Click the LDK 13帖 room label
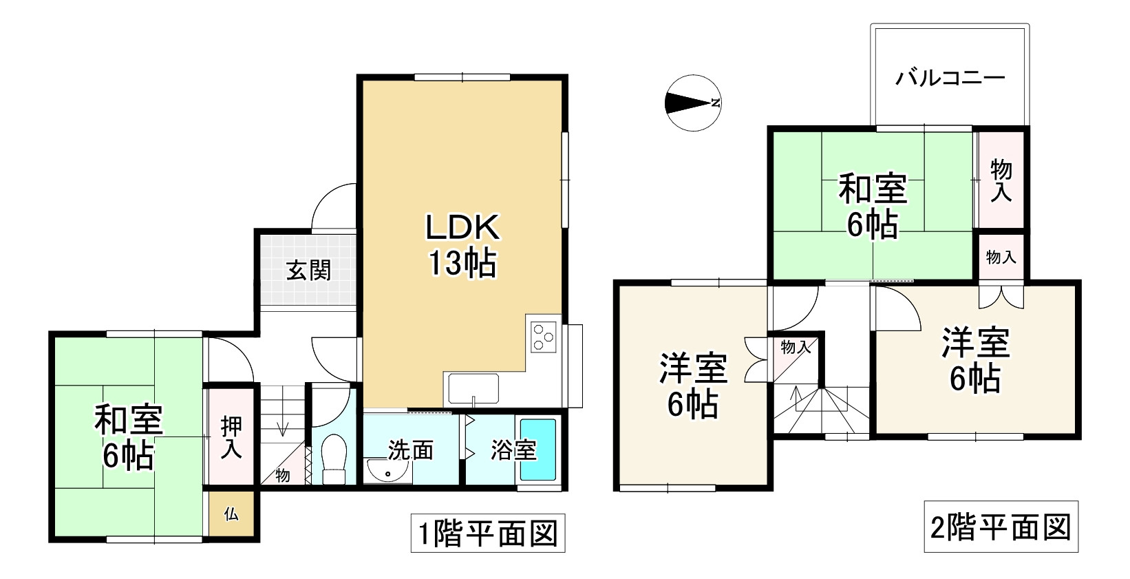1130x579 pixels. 461,244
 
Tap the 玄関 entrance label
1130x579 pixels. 308,271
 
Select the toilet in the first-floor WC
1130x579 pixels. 335,457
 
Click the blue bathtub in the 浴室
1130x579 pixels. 537,450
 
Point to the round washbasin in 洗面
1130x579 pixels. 388,472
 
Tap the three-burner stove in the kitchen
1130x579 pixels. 544,337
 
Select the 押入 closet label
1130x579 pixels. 231,437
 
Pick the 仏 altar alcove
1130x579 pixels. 232,514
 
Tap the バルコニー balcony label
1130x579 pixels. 950,77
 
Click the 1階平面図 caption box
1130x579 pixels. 488,533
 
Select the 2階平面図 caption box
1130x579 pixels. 1001,527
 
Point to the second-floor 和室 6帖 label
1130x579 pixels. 873,207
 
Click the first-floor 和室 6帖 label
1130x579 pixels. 129,437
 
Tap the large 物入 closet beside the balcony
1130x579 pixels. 1001,180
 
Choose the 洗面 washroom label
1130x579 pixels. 411,450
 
